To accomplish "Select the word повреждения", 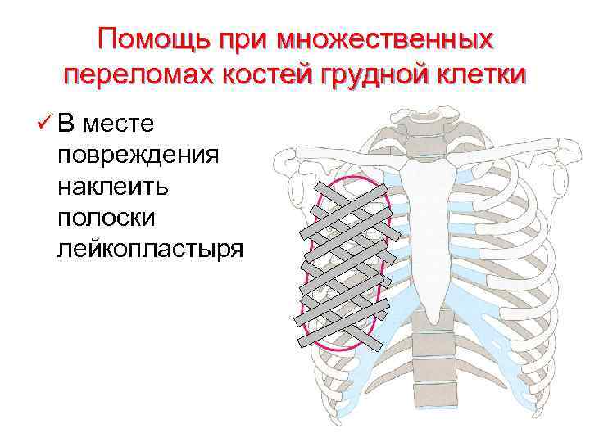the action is [137, 155].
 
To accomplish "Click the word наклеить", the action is [112, 186].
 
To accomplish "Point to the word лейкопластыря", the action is [150, 247].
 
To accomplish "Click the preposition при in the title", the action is [242, 39].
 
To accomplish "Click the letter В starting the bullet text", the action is [67, 124].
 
